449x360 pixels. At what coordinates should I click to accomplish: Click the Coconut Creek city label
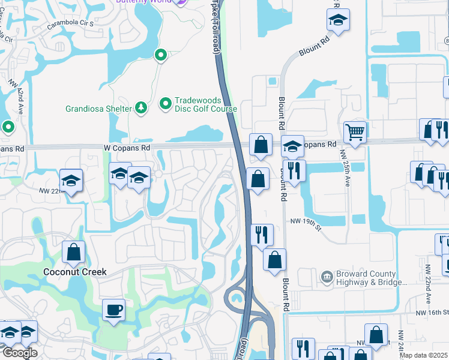(75, 272)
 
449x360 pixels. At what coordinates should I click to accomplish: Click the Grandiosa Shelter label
(98, 109)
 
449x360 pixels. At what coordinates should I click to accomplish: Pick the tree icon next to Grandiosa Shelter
(140, 108)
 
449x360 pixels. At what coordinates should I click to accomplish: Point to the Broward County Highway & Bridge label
(367, 276)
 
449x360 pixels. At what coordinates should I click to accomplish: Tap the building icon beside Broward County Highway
(327, 276)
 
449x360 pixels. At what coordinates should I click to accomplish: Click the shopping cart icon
(355, 131)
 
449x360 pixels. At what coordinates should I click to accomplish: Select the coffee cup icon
(113, 310)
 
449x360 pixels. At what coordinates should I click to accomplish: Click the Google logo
(19, 352)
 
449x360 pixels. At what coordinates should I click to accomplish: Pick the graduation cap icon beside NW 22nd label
(71, 181)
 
